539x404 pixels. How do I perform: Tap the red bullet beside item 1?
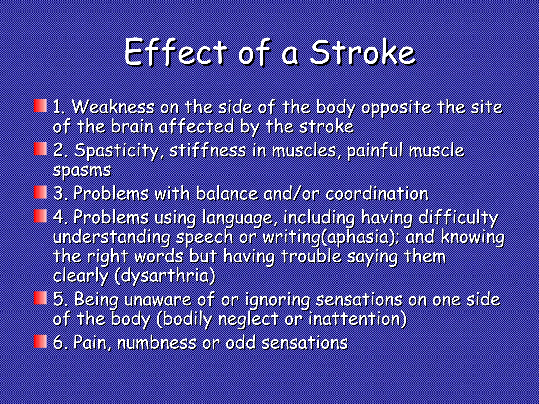tap(40, 106)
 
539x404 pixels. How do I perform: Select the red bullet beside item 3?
tap(40, 192)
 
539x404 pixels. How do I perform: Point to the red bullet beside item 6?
tap(40, 341)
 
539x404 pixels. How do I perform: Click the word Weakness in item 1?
tap(113, 107)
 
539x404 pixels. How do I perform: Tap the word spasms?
tap(82, 170)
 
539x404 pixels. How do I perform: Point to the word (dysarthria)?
tap(165, 276)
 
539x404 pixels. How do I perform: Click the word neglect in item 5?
tap(248, 319)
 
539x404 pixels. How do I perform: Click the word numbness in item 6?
tap(157, 342)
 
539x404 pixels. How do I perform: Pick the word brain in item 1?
tap(132, 127)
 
